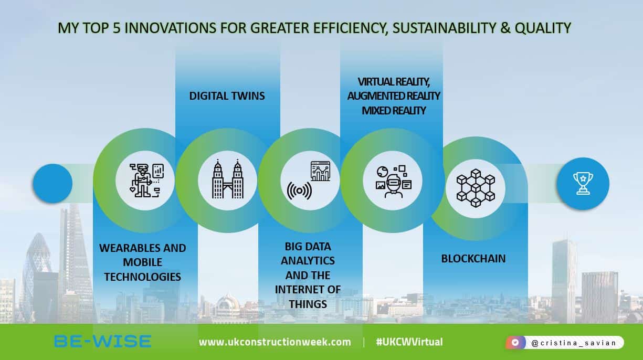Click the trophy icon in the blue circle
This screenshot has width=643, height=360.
[583, 184]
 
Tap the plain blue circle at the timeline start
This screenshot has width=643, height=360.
[52, 184]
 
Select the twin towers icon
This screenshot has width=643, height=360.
[227, 180]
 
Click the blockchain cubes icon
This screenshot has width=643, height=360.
[476, 185]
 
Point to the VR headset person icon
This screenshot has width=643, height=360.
[393, 181]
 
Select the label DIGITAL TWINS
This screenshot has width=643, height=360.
[227, 96]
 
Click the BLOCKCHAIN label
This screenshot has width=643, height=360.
[473, 258]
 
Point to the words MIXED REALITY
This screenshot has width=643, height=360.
[393, 110]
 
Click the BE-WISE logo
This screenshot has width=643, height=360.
[102, 342]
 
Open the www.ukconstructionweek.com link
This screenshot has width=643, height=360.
[275, 342]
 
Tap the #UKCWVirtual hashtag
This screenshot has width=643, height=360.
[409, 342]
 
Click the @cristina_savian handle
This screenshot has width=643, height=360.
[573, 343]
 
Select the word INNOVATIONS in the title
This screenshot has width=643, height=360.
[155, 28]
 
